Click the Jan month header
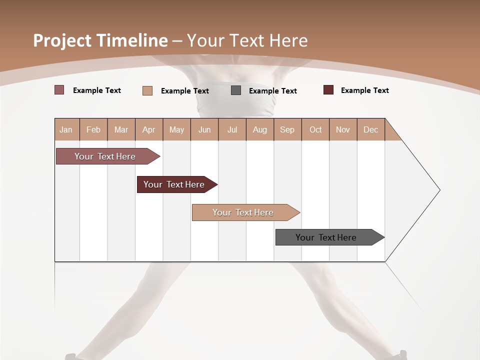pyautogui.click(x=66, y=129)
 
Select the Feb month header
pyautogui.click(x=93, y=129)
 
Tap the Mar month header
pyautogui.click(x=121, y=129)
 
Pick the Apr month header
pyautogui.click(x=149, y=129)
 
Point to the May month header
pyautogui.click(x=176, y=129)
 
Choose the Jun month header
pyautogui.click(x=204, y=129)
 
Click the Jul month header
pyautogui.click(x=232, y=129)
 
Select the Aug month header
pyautogui.click(x=260, y=129)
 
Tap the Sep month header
pyautogui.click(x=287, y=129)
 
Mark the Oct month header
pyautogui.click(x=315, y=129)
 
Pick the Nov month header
pyautogui.click(x=343, y=129)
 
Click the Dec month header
pyautogui.click(x=371, y=129)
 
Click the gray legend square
pyautogui.click(x=236, y=90)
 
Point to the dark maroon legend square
pyautogui.click(x=328, y=90)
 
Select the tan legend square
pyautogui.click(x=147, y=90)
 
